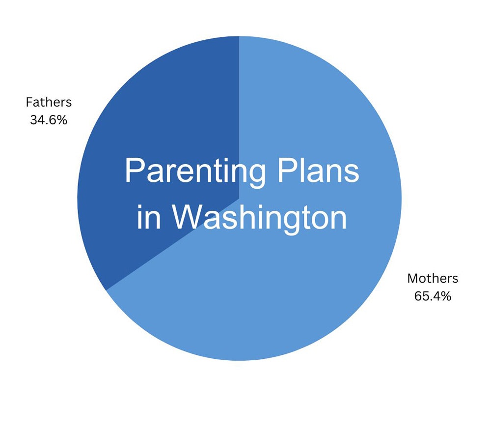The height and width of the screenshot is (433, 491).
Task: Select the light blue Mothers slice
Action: click(304, 285)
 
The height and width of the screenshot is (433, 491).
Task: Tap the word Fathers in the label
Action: click(49, 102)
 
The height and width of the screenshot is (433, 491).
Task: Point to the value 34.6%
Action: click(49, 120)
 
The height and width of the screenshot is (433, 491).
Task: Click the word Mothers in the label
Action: click(432, 278)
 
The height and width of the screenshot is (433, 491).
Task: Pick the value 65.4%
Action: click(432, 296)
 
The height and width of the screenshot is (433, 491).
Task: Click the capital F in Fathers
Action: click(29, 102)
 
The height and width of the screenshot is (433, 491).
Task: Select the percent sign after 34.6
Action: click(62, 120)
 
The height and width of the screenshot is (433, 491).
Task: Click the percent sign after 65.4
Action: click(446, 296)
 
